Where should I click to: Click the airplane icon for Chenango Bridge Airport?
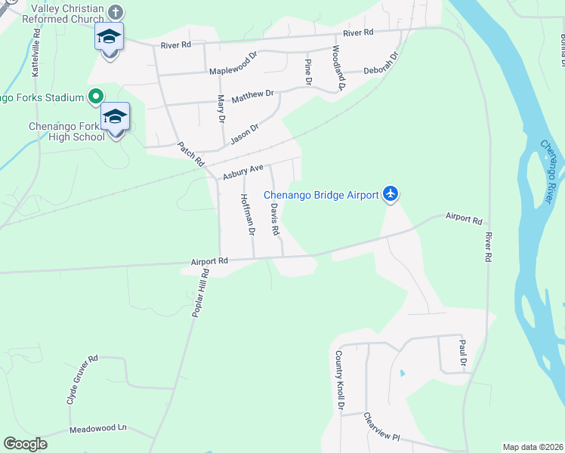pos(391,195)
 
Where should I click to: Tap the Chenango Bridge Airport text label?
pos(321,196)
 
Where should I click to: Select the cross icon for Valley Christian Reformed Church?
pos(115,12)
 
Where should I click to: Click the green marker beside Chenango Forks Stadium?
pos(95,97)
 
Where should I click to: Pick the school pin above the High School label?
pos(115,117)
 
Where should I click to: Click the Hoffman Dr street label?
pos(246,214)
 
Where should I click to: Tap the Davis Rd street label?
pos(275,219)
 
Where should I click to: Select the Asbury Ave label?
pos(242,172)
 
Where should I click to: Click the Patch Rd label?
pos(192,153)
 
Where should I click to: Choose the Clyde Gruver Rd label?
pos(82,380)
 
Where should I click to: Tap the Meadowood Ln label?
pos(99,428)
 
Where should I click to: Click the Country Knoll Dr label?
pos(340,381)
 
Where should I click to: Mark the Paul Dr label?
pos(463,355)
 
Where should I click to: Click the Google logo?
pos(26,443)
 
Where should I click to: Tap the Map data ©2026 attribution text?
pos(533,447)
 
